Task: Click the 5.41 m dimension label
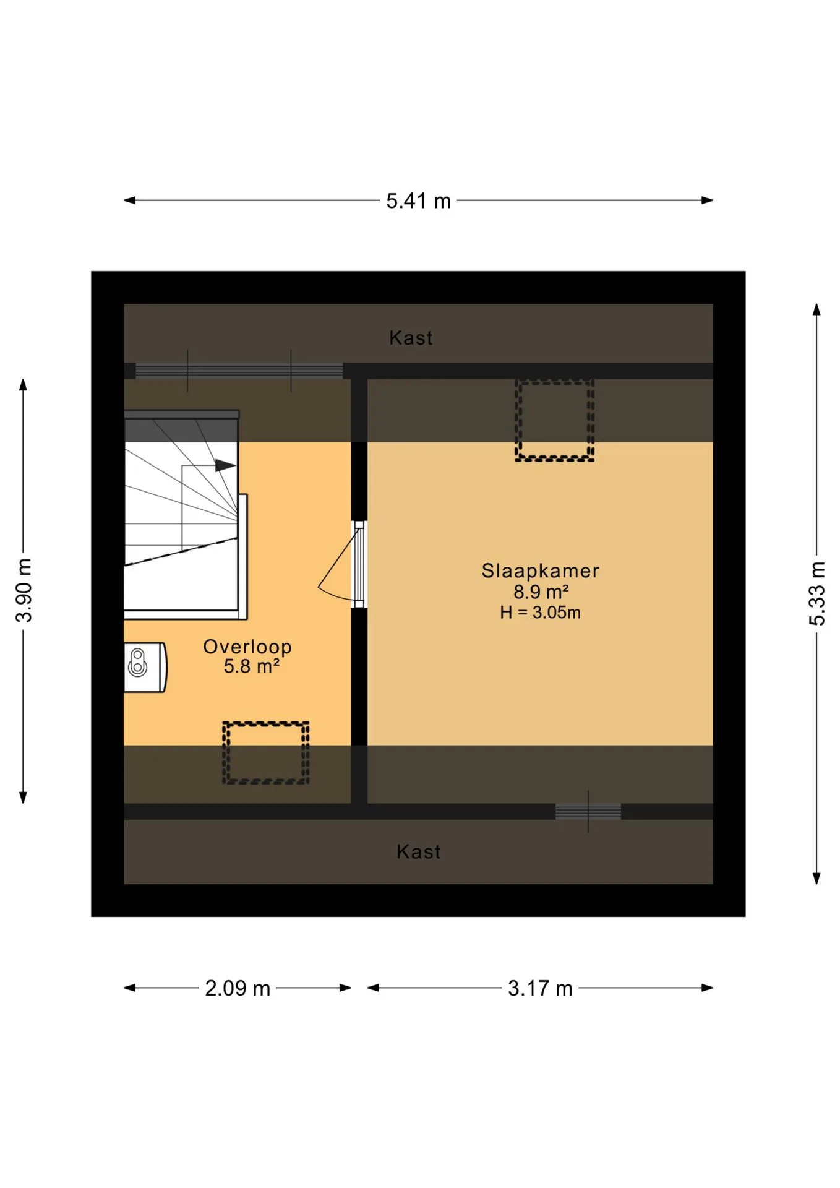coord(418,201)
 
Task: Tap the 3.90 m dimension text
coord(24,590)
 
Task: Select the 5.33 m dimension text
coord(817,593)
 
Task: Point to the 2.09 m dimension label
coord(238,988)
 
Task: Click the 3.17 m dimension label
coord(540,988)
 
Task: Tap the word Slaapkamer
coord(541,570)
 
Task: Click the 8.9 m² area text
coord(541,592)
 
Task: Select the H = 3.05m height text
coord(541,613)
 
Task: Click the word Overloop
coord(247,647)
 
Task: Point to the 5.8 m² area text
coord(251,666)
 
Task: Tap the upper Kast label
coord(411,338)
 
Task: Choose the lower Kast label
coord(419,852)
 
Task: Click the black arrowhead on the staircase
coord(225,465)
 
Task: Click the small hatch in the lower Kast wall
coord(588,811)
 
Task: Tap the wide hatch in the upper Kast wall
coord(239,371)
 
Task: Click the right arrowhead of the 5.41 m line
coord(708,200)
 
